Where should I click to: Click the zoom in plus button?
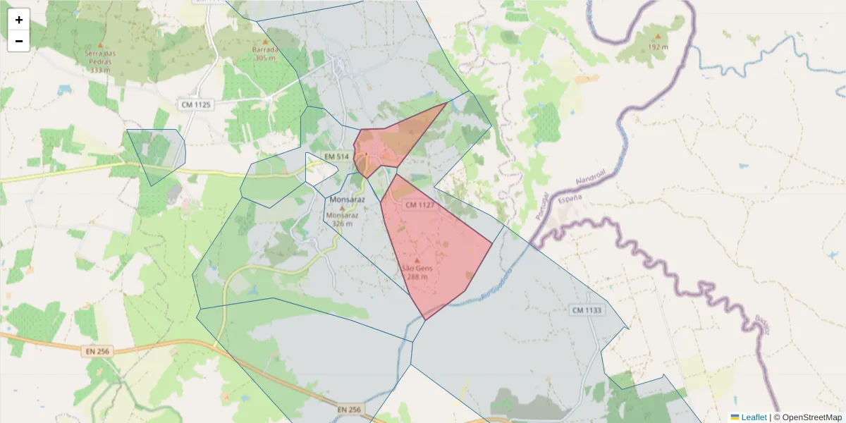coord(19,20)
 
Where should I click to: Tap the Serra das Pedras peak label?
coord(100,61)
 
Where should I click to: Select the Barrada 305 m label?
coord(265,54)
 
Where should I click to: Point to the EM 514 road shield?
coord(336,156)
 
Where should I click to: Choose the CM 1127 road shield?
coord(419,204)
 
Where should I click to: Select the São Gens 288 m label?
coord(417,272)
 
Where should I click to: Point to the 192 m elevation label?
coord(658,47)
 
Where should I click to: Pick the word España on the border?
coord(570,200)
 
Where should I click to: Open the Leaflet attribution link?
coord(753,417)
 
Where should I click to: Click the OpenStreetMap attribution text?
coord(810,417)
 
